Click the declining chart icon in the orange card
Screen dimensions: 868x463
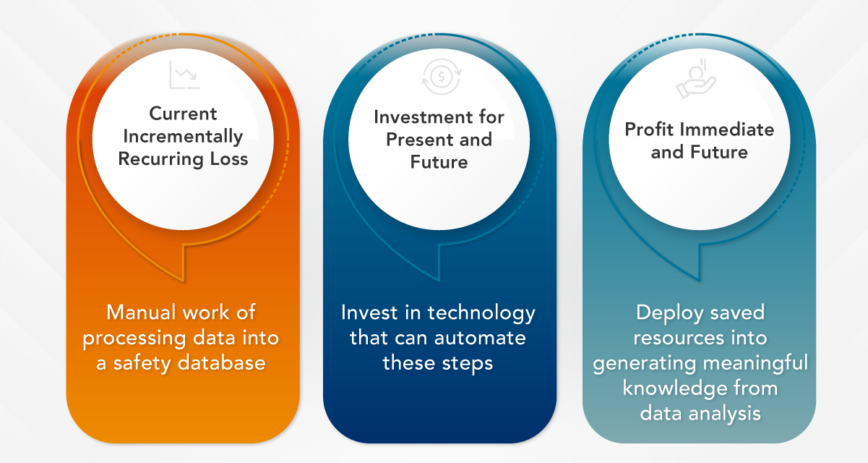pyautogui.click(x=184, y=75)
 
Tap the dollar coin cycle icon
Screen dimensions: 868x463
pyautogui.click(x=442, y=77)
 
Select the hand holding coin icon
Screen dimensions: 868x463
pyautogui.click(x=696, y=79)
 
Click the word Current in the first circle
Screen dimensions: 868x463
pyautogui.click(x=183, y=114)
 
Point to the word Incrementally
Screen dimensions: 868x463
pyautogui.click(x=183, y=137)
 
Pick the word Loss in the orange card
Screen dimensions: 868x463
pyautogui.click(x=229, y=159)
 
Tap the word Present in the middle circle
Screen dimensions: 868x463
pyautogui.click(x=417, y=140)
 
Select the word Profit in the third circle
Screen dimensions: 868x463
pyautogui.click(x=649, y=129)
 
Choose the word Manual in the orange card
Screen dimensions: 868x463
pyautogui.click(x=141, y=313)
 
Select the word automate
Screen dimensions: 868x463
pyautogui.click(x=480, y=338)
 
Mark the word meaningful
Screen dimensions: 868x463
pyautogui.click(x=755, y=364)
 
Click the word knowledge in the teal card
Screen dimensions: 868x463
pyautogui.click(x=674, y=388)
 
